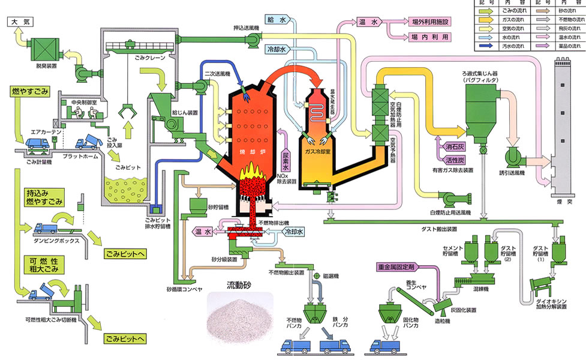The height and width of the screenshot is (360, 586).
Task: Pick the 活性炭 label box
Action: pyautogui.click(x=447, y=161)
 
